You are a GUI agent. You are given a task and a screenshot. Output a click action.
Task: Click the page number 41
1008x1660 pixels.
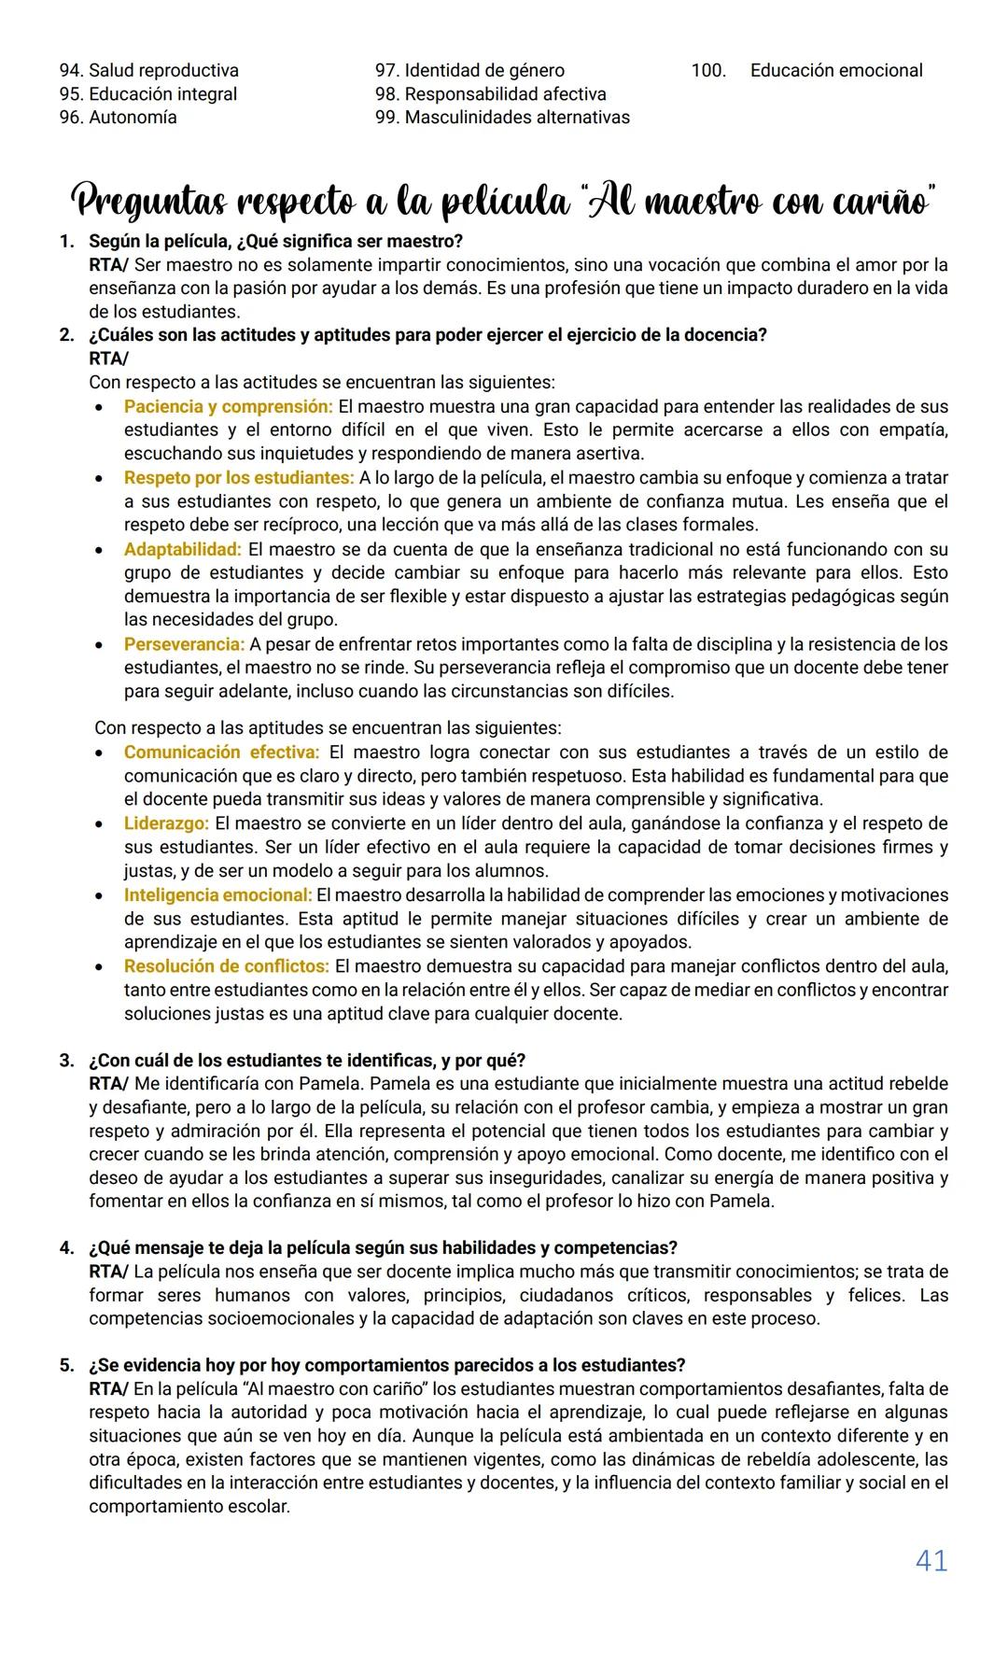coord(931,1560)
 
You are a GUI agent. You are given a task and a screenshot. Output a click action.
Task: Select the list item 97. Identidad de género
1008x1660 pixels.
coord(469,70)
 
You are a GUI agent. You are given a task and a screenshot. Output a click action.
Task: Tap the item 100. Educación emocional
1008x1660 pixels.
coord(806,70)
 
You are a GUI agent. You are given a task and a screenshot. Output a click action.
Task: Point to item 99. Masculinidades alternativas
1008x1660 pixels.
coord(502,117)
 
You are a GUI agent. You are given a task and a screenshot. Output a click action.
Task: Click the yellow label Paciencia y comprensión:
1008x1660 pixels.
coord(228,406)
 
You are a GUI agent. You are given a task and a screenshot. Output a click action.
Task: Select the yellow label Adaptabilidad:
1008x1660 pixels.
coord(182,549)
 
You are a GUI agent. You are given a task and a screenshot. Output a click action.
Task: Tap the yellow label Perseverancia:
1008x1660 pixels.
coord(184,644)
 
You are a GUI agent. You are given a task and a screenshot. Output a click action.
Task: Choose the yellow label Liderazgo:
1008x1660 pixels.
coord(166,823)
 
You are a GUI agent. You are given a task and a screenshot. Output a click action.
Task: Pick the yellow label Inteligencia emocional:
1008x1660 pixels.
coord(217,894)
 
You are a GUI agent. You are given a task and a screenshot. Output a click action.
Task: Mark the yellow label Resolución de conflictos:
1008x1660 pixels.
coord(226,965)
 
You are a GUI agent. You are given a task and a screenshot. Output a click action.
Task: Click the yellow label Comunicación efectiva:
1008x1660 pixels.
coord(221,753)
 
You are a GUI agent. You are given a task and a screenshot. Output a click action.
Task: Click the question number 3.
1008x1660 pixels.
coord(66,1061)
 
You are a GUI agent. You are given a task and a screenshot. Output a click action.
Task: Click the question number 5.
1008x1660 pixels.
coord(66,1365)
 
